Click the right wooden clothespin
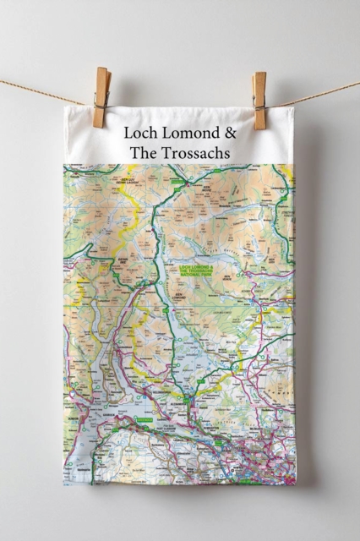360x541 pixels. [259, 101]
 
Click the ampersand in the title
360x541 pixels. [231, 133]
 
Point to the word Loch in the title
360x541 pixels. [140, 133]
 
